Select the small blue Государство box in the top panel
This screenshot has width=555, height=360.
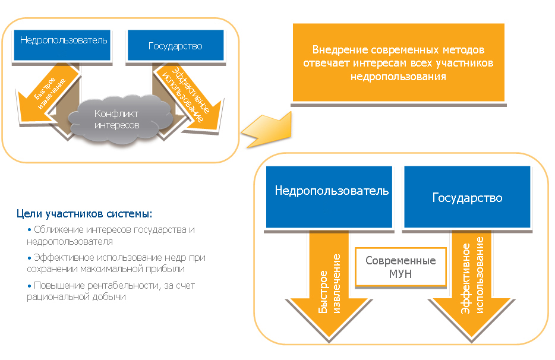(x=176, y=45)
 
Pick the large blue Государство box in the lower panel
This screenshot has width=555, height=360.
(x=467, y=197)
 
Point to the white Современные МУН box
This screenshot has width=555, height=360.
(x=401, y=267)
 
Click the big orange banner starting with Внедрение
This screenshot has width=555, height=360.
(x=398, y=63)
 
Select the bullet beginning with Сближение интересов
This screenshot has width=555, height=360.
(x=110, y=235)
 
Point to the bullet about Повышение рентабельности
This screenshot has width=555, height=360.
(x=110, y=290)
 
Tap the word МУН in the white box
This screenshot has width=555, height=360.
(x=401, y=274)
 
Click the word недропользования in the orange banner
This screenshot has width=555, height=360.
(x=398, y=77)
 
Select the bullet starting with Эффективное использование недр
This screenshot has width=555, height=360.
(x=116, y=263)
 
